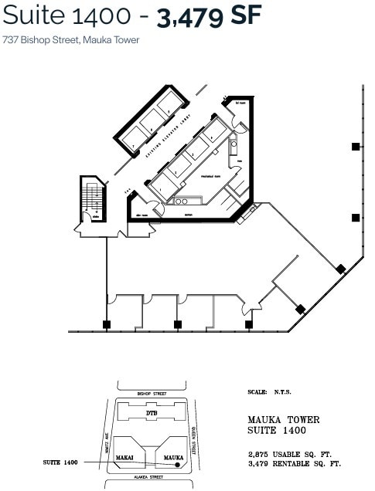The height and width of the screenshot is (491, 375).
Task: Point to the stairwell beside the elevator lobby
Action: pos(93,201)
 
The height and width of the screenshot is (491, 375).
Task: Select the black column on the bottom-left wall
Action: pos(107,324)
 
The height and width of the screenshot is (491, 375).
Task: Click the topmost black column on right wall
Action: pos(356,146)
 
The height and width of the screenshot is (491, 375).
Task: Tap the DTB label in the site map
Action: pos(152,415)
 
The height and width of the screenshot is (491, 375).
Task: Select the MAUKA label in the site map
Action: pos(173,457)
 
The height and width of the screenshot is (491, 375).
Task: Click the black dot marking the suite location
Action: pos(178,465)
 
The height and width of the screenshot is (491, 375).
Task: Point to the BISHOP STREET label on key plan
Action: pos(152,394)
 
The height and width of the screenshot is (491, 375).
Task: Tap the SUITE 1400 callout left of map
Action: pos(61,462)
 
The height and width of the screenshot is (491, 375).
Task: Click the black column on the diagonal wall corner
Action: pos(341,268)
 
